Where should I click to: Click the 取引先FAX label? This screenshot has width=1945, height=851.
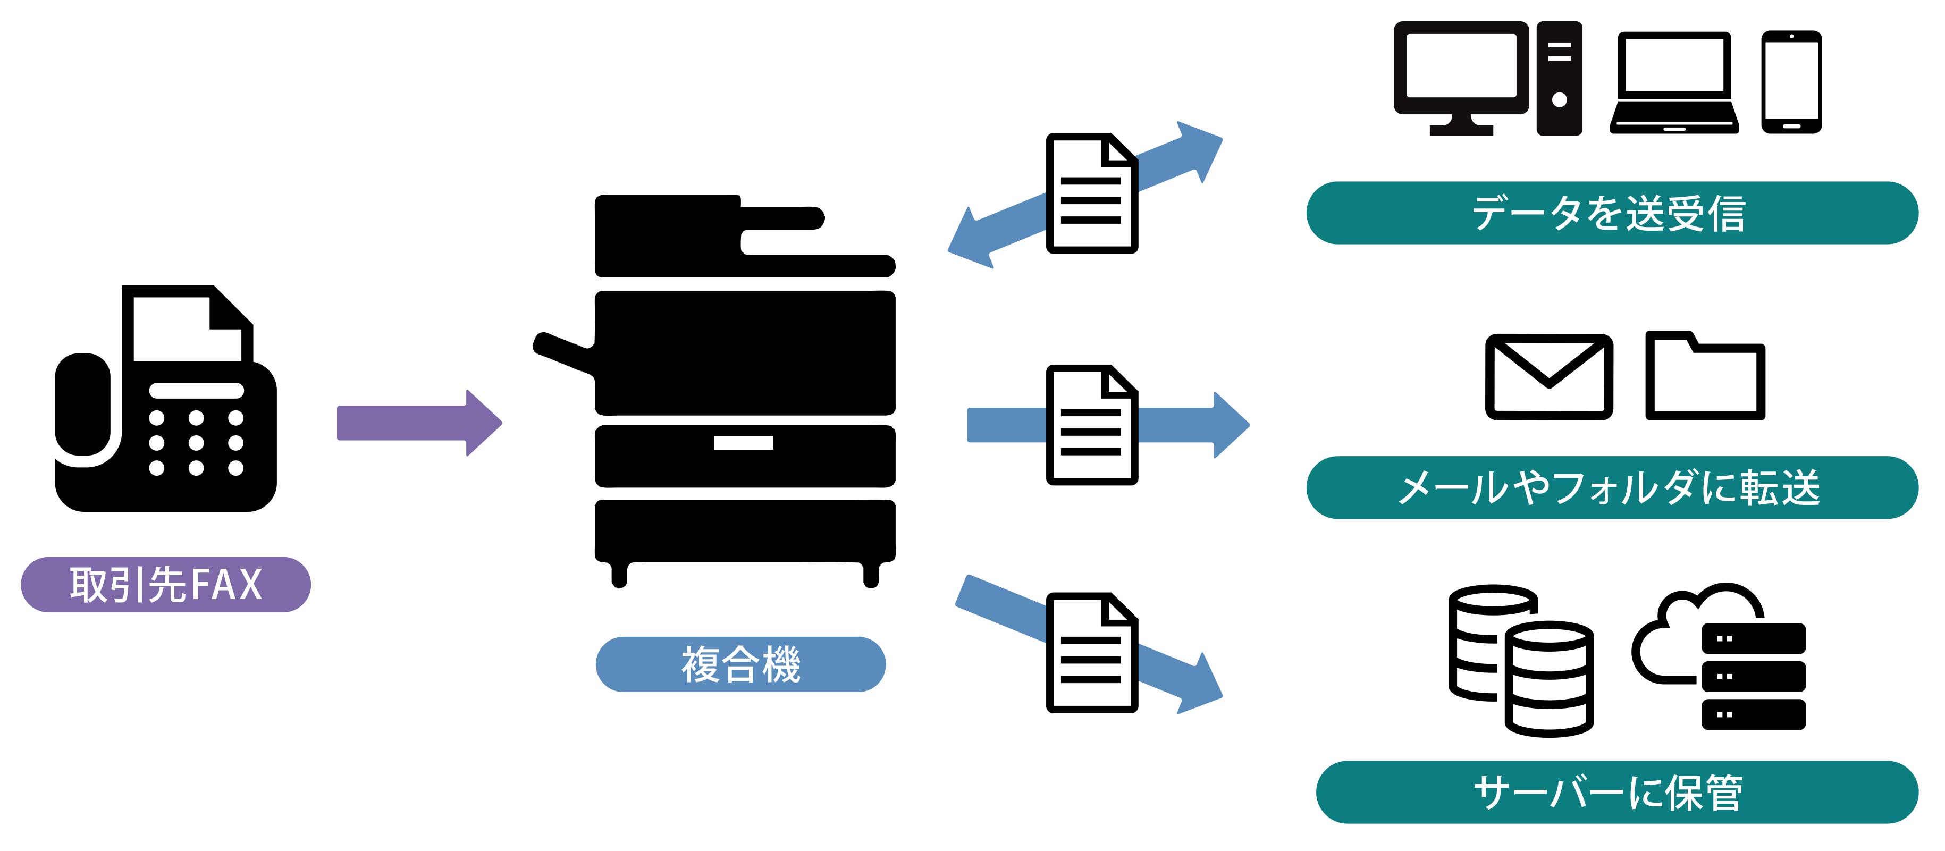[165, 585]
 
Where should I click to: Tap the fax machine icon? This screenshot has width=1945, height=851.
[166, 408]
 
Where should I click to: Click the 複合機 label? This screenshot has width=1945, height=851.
[740, 664]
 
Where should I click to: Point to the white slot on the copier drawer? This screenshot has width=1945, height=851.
[744, 442]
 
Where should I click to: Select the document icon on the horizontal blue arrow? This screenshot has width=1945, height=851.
[1092, 424]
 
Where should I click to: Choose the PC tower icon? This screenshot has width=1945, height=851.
[1559, 79]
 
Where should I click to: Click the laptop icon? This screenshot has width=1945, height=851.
[1674, 83]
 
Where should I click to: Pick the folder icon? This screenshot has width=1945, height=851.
[1704, 377]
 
